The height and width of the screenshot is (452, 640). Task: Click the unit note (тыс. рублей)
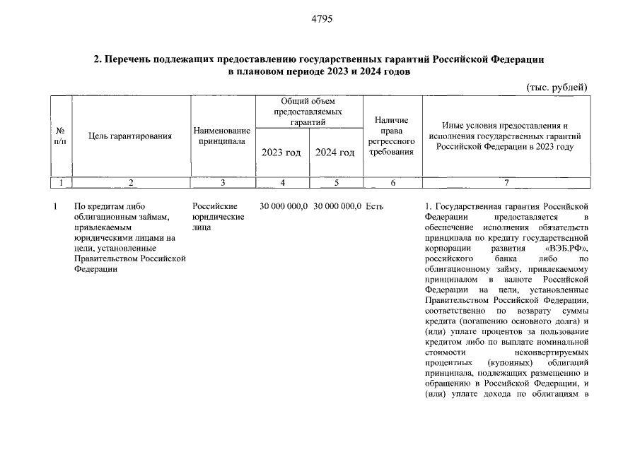tap(557, 87)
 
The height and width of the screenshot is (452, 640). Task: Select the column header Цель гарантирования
tap(130, 136)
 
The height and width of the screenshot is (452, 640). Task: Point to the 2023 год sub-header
tap(281, 153)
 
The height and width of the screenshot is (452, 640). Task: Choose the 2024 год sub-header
tap(334, 153)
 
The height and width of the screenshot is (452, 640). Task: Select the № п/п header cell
tap(61, 136)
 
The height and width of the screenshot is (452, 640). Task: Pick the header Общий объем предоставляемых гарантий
tap(308, 112)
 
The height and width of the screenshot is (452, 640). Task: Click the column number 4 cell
tap(281, 183)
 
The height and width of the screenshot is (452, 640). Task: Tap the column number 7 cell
tap(506, 183)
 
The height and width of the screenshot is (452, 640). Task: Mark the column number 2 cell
tap(131, 183)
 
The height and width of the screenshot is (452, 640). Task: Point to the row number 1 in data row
tap(55, 206)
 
